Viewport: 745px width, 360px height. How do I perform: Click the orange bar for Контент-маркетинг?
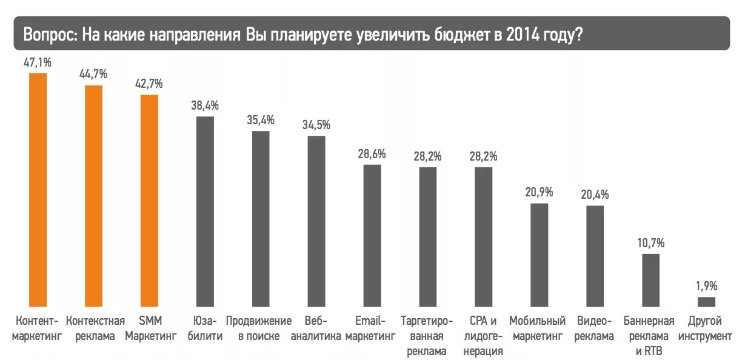(x=38, y=190)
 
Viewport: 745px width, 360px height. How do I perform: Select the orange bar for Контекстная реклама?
(x=93, y=196)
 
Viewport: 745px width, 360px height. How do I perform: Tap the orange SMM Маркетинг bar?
(x=149, y=201)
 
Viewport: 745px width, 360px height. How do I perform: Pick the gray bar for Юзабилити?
(x=205, y=212)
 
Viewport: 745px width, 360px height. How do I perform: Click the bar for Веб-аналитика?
(x=316, y=221)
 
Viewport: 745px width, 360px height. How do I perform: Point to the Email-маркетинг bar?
(x=372, y=236)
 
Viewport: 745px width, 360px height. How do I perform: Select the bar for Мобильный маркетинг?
(x=540, y=255)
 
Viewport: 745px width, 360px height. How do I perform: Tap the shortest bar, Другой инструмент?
(x=707, y=302)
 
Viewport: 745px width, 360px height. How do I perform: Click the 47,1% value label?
(x=38, y=62)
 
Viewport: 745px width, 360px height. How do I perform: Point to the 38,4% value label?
(x=205, y=105)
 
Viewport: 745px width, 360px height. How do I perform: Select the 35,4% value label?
(x=261, y=119)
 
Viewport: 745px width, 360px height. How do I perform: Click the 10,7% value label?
(x=651, y=243)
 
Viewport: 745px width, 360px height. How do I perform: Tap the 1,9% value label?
(x=707, y=285)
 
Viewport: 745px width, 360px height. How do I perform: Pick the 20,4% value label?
(x=595, y=195)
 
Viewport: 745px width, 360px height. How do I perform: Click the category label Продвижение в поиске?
(x=259, y=328)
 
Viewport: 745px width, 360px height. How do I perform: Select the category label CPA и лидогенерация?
(x=483, y=336)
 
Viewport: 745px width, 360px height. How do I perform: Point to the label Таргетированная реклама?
(x=427, y=336)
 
